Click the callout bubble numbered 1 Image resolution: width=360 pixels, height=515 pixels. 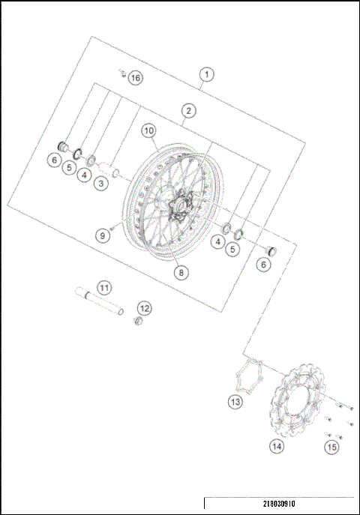click(x=206, y=74)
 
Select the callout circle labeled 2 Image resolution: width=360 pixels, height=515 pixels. click(x=188, y=111)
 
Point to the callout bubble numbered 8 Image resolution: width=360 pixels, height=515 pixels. click(x=180, y=273)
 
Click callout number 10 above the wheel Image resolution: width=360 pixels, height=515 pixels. click(x=148, y=131)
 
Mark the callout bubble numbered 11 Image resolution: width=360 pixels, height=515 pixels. click(x=104, y=287)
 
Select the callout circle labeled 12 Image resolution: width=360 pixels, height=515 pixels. click(x=144, y=307)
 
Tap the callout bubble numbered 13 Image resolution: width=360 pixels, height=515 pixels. click(x=235, y=402)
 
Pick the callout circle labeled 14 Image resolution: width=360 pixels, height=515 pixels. click(x=277, y=446)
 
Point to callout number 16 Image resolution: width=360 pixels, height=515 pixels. click(x=134, y=78)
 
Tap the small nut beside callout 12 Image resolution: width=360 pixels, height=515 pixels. click(x=137, y=322)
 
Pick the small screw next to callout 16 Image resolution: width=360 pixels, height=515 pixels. click(x=121, y=73)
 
